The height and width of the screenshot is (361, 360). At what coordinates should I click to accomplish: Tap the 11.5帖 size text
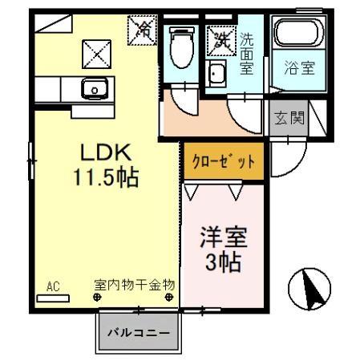point(105,177)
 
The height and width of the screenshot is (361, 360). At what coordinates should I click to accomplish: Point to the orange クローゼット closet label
point(221,160)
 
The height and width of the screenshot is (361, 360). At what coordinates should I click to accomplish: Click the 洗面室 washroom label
point(246,52)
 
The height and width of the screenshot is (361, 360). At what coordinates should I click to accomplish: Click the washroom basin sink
point(216,75)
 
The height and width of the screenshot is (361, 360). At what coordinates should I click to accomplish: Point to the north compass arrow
point(309,288)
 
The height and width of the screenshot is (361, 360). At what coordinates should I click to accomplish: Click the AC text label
point(54,286)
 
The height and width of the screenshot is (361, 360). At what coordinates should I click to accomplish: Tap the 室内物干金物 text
point(135,285)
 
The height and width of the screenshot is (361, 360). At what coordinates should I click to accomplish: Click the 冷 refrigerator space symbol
point(144,30)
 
